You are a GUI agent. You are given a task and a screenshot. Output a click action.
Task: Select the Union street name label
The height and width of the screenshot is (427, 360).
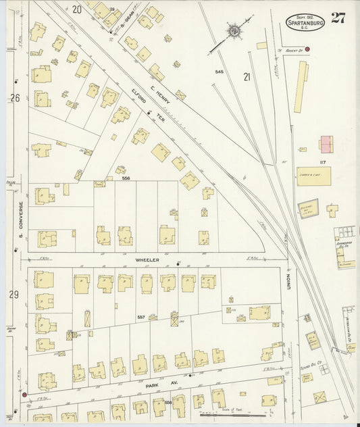[287, 282]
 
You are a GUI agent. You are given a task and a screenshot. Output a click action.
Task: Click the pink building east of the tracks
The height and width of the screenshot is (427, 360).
[326, 144]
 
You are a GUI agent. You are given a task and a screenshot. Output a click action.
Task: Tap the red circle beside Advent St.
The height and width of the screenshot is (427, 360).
[307, 49]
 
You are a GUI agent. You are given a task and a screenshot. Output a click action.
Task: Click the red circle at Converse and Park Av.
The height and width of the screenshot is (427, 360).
[25, 393]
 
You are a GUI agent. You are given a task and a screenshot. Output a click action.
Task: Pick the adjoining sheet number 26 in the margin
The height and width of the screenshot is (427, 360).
[15, 98]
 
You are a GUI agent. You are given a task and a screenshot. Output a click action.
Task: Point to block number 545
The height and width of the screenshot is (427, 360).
[220, 72]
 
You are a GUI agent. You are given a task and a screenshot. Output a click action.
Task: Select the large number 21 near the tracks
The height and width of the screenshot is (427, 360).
[247, 77]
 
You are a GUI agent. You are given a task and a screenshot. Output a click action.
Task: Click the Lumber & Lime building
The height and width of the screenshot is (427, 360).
[309, 173]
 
